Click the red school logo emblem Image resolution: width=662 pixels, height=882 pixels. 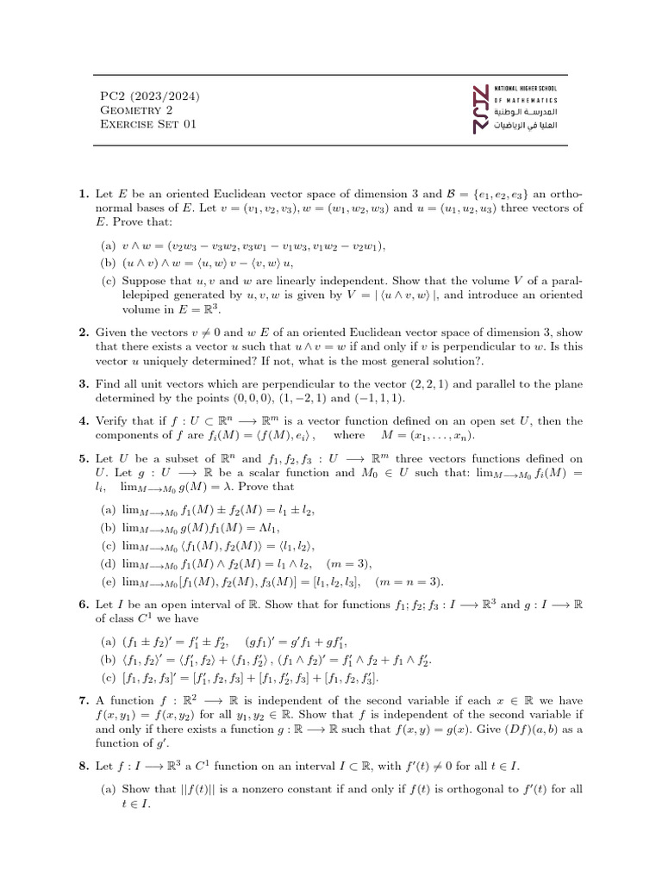484,109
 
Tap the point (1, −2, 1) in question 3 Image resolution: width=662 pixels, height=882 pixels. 305,399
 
